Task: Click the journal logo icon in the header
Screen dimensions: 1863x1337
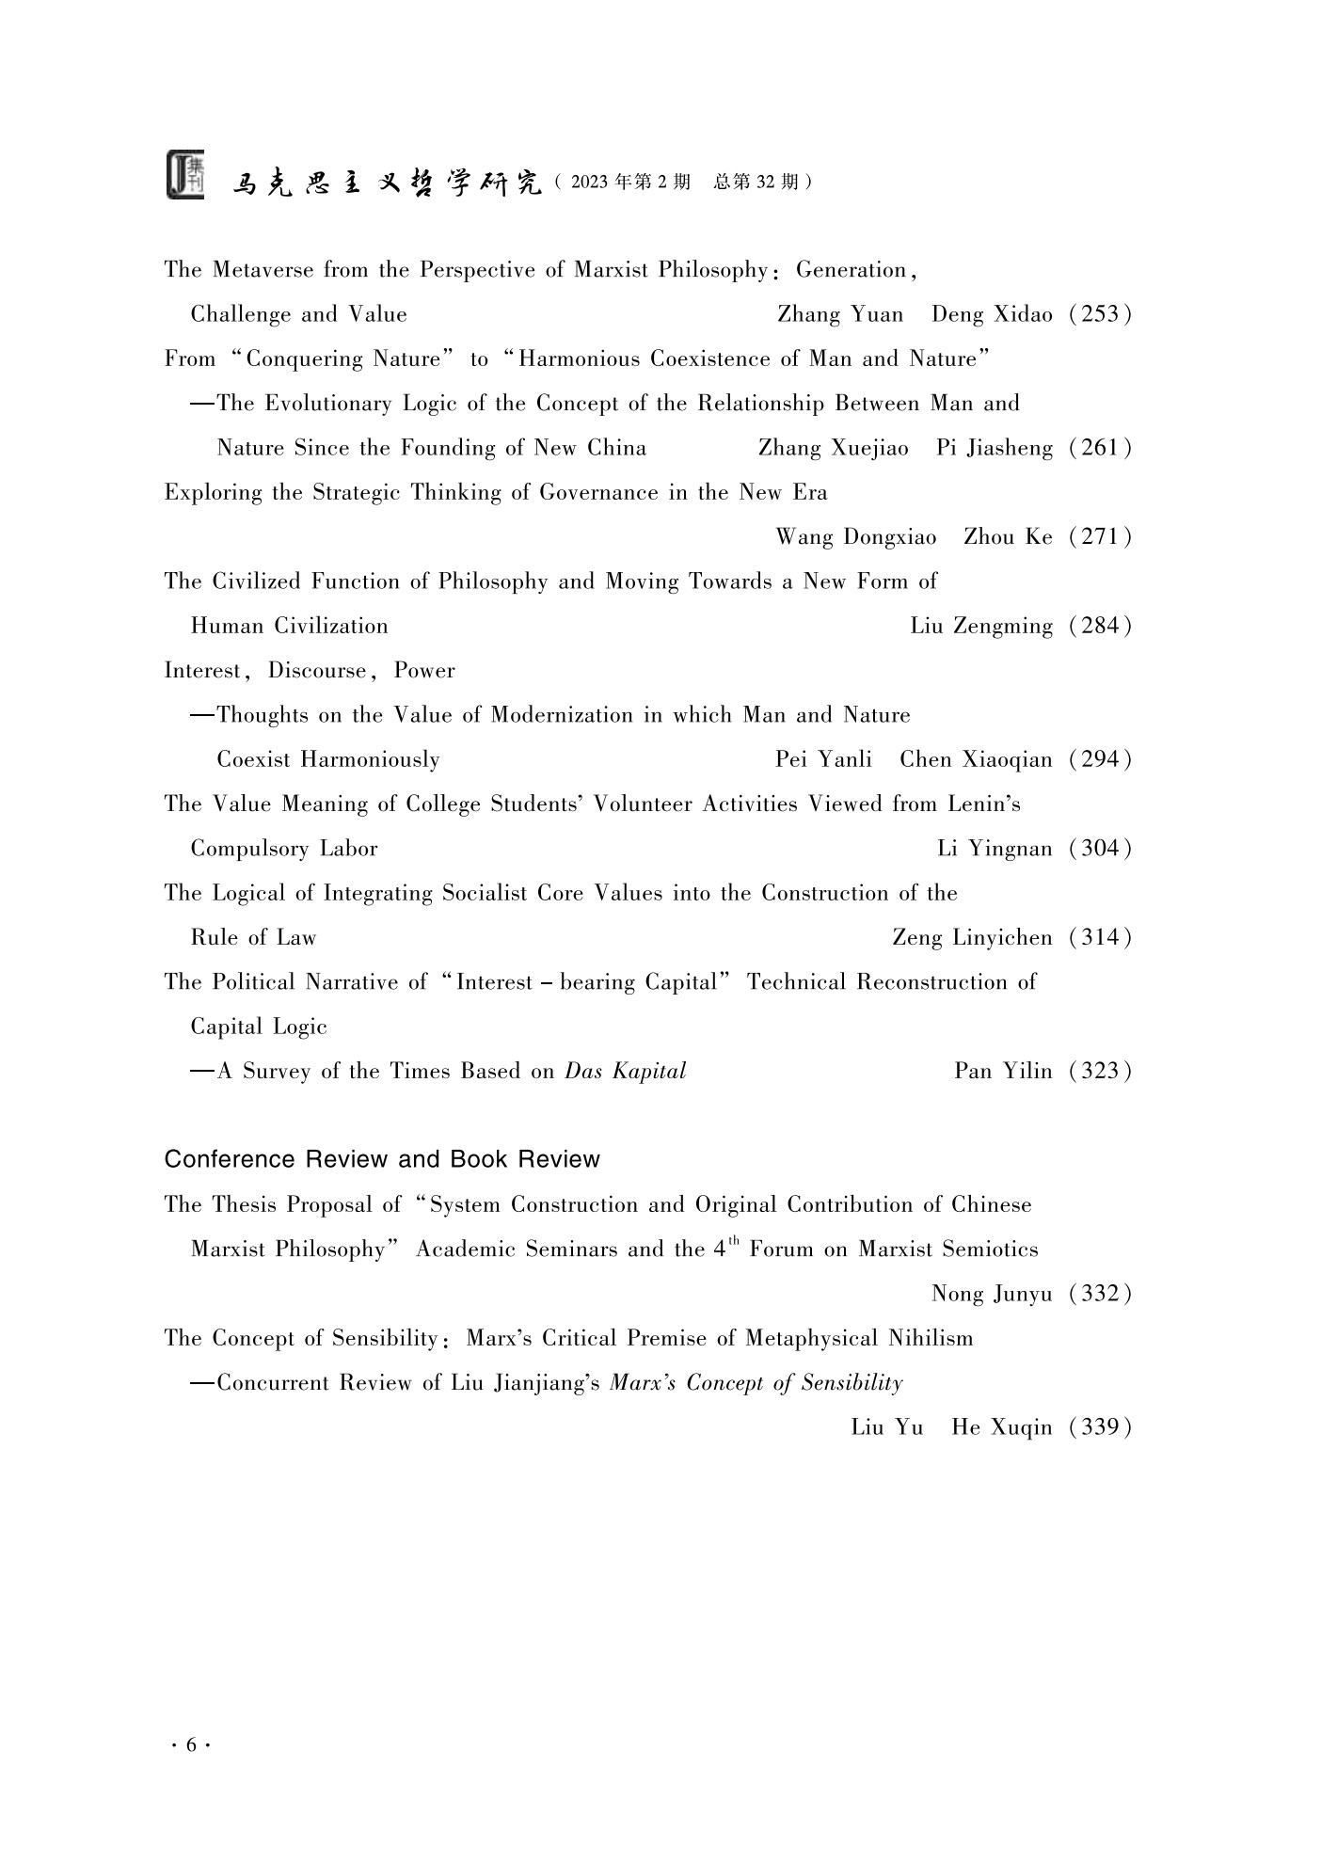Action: point(185,174)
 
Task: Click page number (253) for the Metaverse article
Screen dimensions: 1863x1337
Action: point(1099,314)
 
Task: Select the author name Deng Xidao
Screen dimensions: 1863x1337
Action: point(992,314)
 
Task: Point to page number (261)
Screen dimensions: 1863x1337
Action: point(1099,448)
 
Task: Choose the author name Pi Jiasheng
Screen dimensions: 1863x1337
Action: point(995,448)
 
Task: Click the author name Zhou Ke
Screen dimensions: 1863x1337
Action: point(1008,537)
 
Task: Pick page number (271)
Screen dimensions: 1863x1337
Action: point(1099,537)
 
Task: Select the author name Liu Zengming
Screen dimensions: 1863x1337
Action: point(981,627)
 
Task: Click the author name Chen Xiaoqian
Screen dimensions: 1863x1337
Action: point(976,759)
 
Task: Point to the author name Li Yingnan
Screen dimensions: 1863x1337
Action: point(995,849)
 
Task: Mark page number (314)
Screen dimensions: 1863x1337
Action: point(1099,938)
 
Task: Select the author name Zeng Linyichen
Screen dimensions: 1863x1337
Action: point(972,938)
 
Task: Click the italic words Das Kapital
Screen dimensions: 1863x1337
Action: point(625,1072)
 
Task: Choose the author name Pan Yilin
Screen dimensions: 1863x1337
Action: point(1003,1072)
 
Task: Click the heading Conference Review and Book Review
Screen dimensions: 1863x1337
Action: point(382,1159)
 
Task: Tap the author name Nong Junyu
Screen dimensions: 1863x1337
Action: point(992,1295)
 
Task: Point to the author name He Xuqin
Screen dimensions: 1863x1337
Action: point(1002,1428)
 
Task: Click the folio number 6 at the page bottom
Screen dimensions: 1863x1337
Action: point(191,1746)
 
